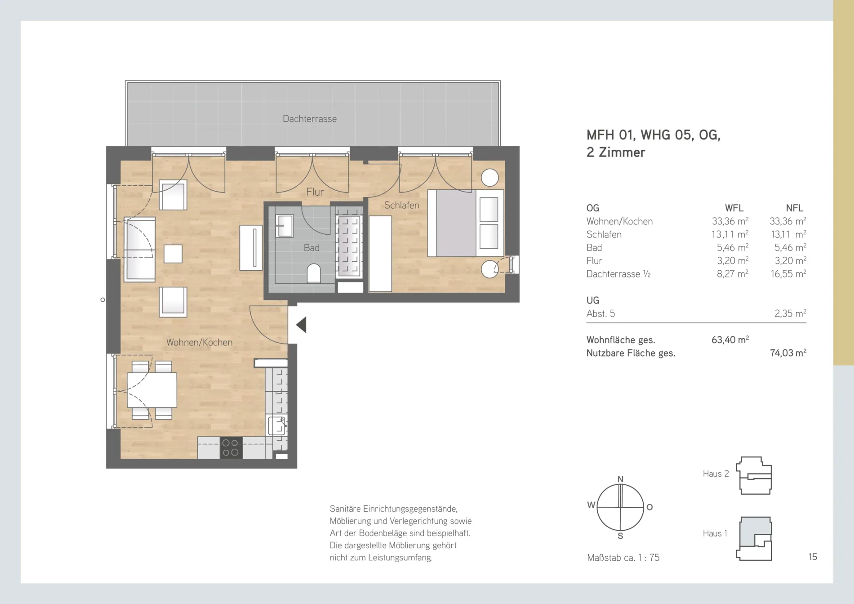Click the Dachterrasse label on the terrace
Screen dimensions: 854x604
(310, 119)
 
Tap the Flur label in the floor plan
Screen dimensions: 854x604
(315, 192)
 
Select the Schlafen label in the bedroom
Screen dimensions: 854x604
(401, 205)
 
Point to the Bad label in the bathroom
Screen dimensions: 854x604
(311, 247)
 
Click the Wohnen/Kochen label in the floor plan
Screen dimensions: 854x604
(199, 342)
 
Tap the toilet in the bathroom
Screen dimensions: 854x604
(314, 273)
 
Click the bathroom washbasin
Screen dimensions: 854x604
(284, 225)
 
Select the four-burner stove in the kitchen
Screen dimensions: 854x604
(231, 448)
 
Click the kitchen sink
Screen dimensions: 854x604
(277, 425)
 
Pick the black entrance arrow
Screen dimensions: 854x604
(301, 325)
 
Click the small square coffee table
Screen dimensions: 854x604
(173, 254)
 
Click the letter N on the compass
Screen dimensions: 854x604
(620, 479)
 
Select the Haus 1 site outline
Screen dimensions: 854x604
(755, 538)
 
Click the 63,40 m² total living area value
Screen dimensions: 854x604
(730, 340)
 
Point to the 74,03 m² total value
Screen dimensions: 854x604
(788, 353)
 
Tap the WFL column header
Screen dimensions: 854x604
(734, 208)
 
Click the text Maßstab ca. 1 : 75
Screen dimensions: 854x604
(623, 558)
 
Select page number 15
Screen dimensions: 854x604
(813, 557)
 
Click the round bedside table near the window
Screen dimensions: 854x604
(489, 178)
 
